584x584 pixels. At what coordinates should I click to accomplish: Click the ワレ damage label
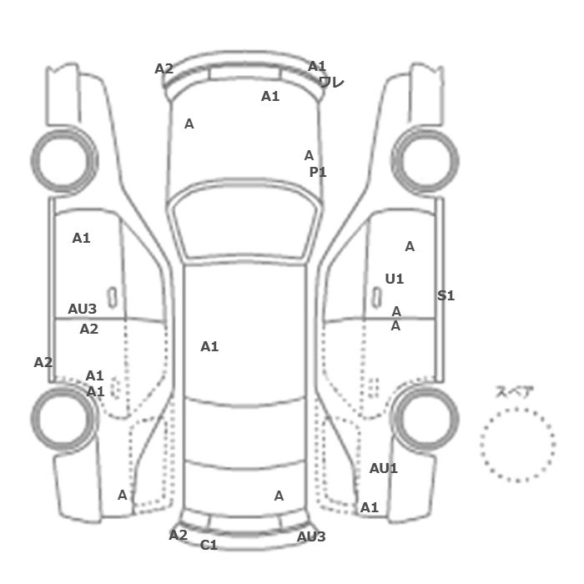(x=331, y=82)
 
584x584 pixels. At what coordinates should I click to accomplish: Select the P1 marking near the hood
(x=318, y=172)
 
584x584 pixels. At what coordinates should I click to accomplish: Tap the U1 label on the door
(x=394, y=279)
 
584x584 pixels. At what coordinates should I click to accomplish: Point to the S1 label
(x=446, y=295)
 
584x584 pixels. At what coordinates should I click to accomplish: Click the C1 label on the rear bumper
(x=209, y=545)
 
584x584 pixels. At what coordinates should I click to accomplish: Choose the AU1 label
(x=383, y=468)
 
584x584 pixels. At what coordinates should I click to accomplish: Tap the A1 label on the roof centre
(x=209, y=347)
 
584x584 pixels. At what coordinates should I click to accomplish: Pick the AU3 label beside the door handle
(x=82, y=309)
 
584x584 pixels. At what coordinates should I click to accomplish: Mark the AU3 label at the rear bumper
(x=311, y=536)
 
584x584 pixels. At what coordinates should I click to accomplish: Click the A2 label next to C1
(x=178, y=536)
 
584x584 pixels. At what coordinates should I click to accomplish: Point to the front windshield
(x=244, y=219)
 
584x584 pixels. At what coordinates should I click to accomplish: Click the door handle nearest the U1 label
(x=377, y=298)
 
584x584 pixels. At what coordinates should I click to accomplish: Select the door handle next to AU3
(x=112, y=298)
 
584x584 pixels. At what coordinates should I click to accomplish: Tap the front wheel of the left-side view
(x=64, y=160)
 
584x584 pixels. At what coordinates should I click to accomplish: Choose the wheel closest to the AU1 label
(x=425, y=419)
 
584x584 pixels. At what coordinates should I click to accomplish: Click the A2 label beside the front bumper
(x=164, y=69)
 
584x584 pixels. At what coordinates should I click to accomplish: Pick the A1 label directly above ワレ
(x=316, y=66)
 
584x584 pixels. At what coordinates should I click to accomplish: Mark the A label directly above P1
(x=309, y=155)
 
